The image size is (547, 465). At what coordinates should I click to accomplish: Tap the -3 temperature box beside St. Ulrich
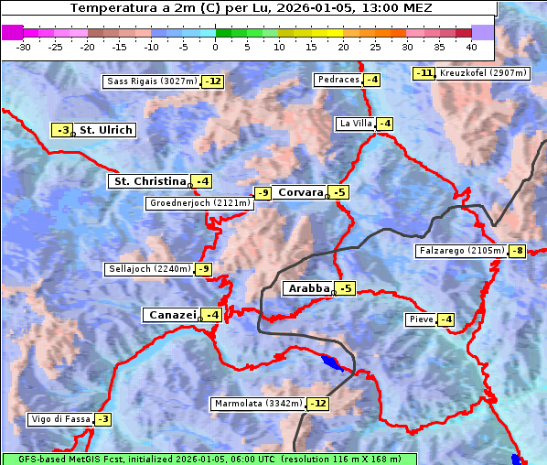click(61, 130)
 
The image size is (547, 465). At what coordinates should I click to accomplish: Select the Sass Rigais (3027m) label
click(150, 81)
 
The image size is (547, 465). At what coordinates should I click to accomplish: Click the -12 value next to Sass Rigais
click(212, 81)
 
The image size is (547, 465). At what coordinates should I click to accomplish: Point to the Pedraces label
click(338, 80)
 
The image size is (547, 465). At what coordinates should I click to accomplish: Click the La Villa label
click(355, 124)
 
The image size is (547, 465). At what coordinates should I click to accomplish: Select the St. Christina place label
click(148, 181)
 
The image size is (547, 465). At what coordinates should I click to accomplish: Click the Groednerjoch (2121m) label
click(198, 203)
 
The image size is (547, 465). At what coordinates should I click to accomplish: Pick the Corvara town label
click(300, 192)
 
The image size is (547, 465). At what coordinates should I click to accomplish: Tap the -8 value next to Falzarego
click(517, 251)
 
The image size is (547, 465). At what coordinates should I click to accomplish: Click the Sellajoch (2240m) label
click(148, 269)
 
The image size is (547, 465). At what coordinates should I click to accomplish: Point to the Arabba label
click(308, 288)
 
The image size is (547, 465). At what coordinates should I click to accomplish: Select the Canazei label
click(171, 315)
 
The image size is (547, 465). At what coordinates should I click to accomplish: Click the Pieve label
click(421, 319)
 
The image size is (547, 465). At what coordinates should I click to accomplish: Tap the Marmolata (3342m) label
click(258, 404)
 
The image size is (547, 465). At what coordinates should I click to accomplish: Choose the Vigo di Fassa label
click(60, 419)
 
